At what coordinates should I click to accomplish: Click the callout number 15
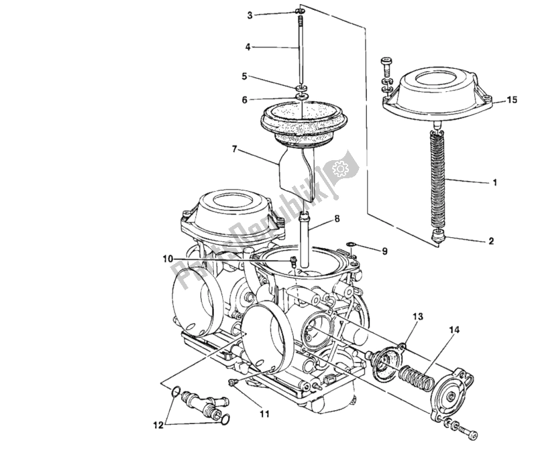coord(512,101)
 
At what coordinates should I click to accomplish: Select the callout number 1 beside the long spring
coord(494,181)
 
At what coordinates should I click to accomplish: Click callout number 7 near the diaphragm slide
coord(234,149)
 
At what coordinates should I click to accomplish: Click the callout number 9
coord(384,252)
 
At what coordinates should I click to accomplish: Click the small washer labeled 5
coord(300,88)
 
